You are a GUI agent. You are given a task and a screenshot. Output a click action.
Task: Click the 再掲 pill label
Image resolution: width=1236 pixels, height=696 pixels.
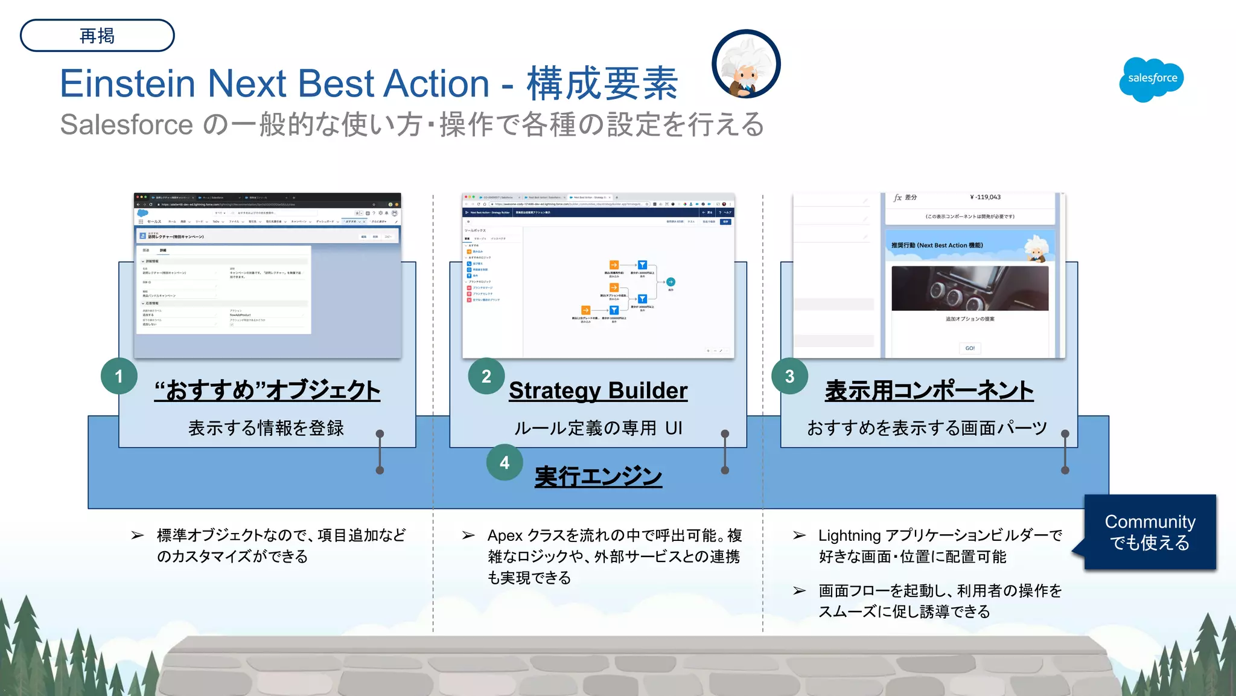click(x=97, y=36)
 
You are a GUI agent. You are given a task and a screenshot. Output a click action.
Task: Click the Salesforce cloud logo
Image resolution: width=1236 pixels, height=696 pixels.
click(x=1151, y=79)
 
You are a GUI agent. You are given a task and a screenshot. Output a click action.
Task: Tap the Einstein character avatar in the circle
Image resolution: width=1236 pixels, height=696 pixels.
click(x=746, y=65)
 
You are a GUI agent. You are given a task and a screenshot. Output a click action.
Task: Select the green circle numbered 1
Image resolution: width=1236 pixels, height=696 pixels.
click(x=119, y=376)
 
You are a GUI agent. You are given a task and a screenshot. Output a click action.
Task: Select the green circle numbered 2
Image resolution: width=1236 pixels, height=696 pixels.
click(x=486, y=376)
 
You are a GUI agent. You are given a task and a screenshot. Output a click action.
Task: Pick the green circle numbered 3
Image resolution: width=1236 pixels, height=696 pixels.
click(x=789, y=376)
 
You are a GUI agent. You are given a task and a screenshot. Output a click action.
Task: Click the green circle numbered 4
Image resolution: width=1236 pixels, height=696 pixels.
click(x=505, y=462)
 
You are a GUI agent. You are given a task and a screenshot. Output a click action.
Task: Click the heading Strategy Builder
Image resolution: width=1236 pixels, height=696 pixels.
click(x=597, y=391)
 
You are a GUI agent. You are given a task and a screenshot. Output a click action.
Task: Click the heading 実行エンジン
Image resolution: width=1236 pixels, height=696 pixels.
click(x=598, y=476)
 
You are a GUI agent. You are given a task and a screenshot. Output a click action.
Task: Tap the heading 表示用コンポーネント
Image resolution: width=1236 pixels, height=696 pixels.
click(x=929, y=391)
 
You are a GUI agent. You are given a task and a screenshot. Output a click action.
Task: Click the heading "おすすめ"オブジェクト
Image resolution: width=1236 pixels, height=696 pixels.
click(x=267, y=391)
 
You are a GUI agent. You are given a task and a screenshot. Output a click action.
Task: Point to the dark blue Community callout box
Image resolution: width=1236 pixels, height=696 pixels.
click(x=1150, y=532)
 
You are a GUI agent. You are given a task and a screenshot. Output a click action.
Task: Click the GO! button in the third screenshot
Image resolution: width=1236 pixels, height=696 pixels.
click(x=969, y=348)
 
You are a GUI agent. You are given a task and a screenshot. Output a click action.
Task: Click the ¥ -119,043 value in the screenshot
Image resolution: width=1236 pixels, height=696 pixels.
click(x=985, y=197)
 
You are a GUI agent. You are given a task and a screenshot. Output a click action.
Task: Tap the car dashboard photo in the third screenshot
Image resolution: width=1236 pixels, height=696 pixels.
click(x=969, y=289)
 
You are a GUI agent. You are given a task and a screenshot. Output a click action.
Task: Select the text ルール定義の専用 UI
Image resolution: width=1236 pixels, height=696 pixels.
click(x=597, y=428)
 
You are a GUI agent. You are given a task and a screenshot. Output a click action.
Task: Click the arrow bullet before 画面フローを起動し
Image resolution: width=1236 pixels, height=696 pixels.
click(x=799, y=590)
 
